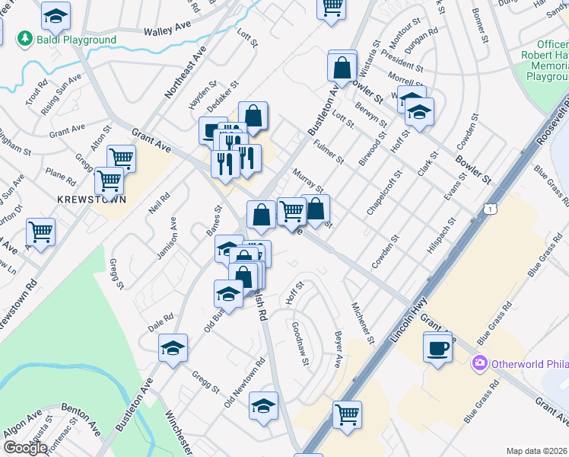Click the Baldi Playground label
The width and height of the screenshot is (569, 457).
pyautogui.click(x=75, y=40)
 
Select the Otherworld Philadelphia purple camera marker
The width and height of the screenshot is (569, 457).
pyautogui.click(x=479, y=362)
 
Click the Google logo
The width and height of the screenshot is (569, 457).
pyautogui.click(x=25, y=448)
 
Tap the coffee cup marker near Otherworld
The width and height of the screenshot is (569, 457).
pyautogui.click(x=437, y=349)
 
